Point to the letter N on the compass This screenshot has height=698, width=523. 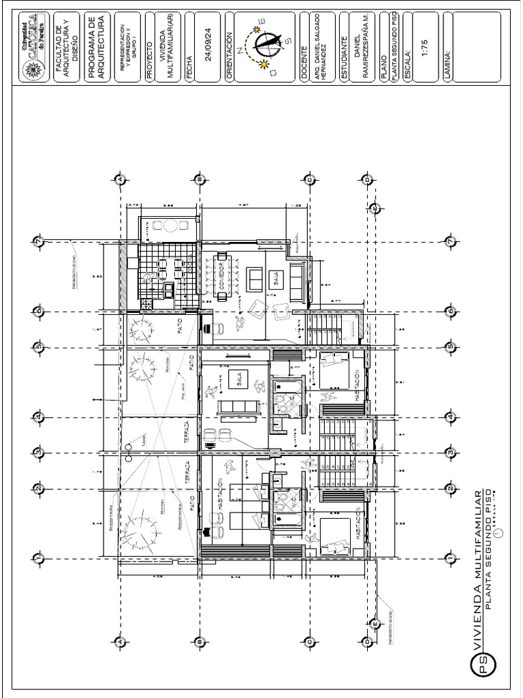click(x=240, y=41)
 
